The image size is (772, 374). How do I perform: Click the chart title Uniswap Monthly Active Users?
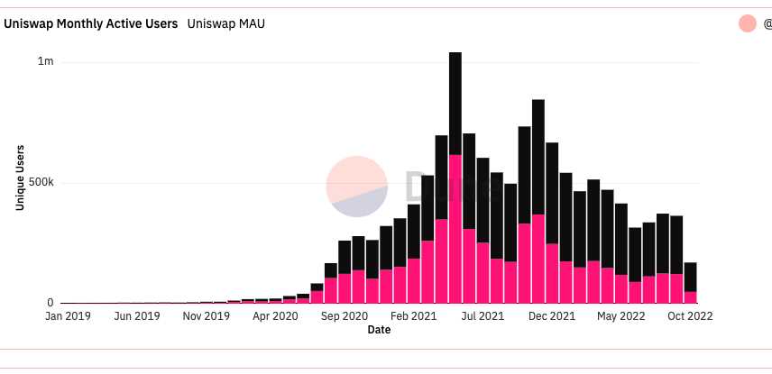click(x=91, y=23)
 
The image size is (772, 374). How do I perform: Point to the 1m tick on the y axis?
click(x=45, y=61)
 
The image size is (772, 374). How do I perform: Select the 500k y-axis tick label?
click(x=41, y=182)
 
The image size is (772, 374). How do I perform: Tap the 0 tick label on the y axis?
click(x=51, y=303)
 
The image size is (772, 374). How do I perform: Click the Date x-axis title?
click(x=379, y=330)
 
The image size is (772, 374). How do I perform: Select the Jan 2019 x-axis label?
click(x=67, y=316)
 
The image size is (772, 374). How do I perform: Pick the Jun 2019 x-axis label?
click(x=136, y=316)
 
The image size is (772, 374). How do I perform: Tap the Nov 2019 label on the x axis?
click(x=207, y=316)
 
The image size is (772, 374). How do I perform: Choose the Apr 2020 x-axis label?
click(x=274, y=316)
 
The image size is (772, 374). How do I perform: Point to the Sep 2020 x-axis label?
click(x=345, y=316)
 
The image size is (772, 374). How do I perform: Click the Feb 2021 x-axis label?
click(x=414, y=316)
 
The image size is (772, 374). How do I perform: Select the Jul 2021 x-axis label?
click(x=483, y=316)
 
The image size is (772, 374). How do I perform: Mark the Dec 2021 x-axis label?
click(x=552, y=316)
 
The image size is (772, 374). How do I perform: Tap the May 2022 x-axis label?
click(x=621, y=316)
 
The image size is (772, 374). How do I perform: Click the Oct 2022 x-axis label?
click(x=690, y=316)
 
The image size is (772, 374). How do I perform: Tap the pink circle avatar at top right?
click(x=747, y=23)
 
